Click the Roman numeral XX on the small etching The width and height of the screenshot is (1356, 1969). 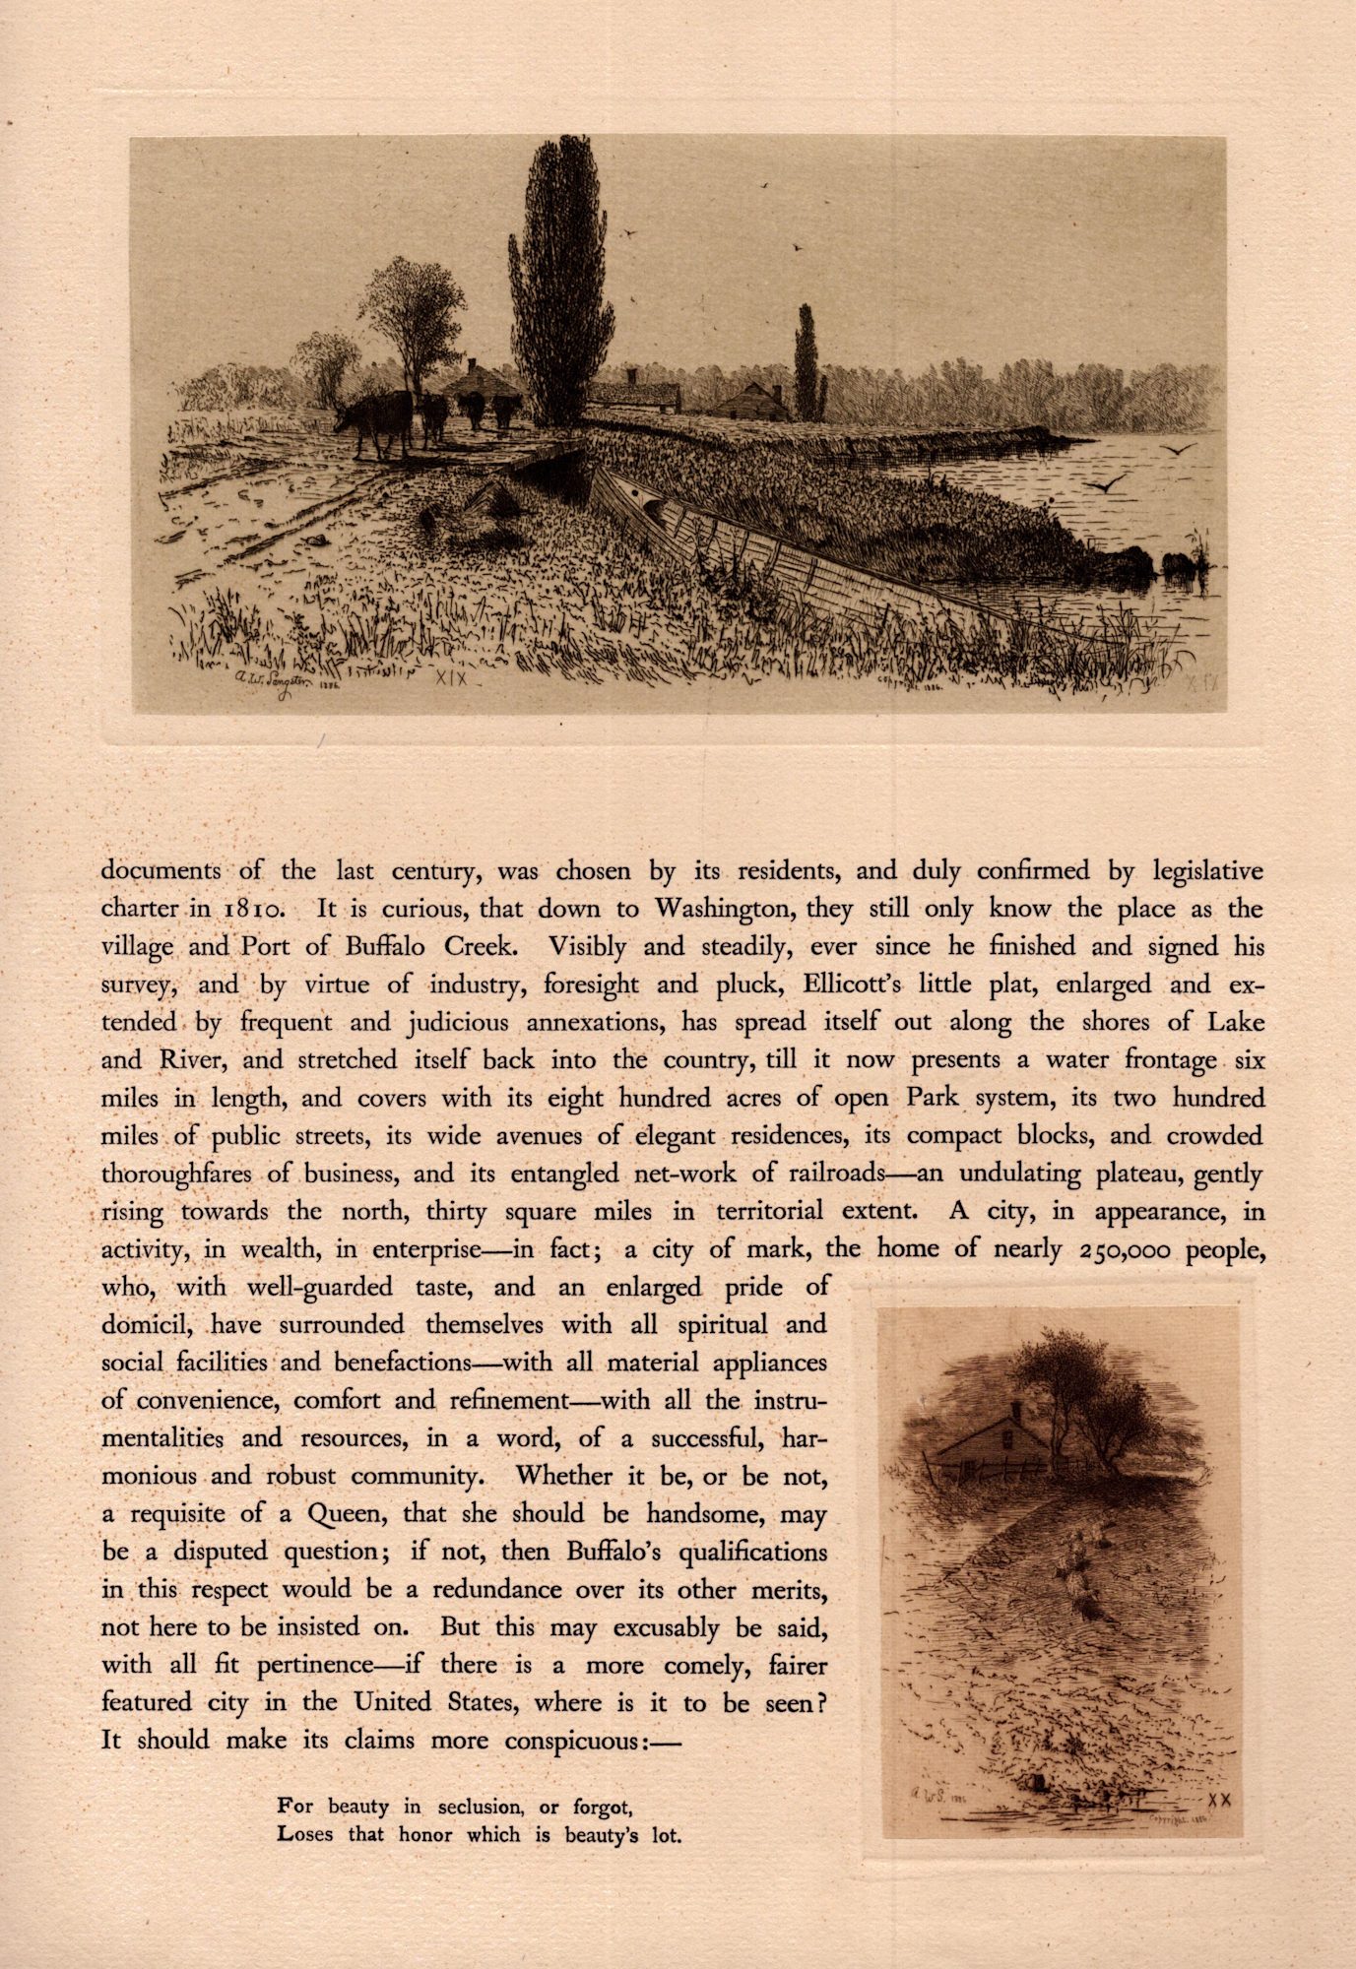click(x=1219, y=1799)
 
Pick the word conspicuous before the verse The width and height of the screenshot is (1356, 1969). click(x=571, y=1740)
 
